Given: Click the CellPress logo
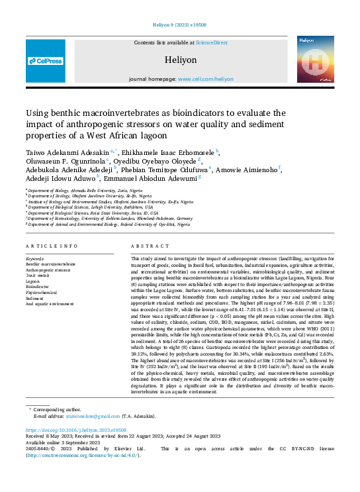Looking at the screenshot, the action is [46, 61].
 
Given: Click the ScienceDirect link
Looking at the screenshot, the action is [211, 42].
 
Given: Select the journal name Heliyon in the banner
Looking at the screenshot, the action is [181, 59].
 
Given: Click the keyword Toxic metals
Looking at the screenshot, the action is [37, 275].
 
